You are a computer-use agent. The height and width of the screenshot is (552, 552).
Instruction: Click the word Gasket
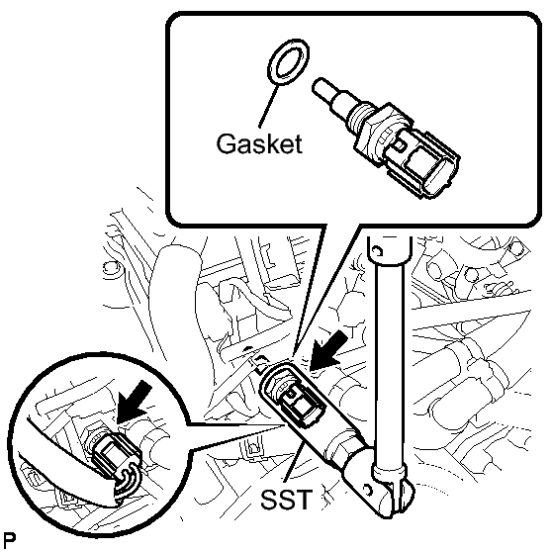coord(259,143)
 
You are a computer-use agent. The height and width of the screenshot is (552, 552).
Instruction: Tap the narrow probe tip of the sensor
coord(324,88)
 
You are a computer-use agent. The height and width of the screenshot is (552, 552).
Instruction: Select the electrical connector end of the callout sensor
coord(420,162)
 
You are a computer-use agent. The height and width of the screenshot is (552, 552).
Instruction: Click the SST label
coord(286,499)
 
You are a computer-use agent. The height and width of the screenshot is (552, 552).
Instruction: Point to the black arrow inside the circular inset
coord(136,402)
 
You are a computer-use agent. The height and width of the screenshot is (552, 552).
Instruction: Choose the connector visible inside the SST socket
coord(300,404)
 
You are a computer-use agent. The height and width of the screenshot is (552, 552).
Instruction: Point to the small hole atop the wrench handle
coord(377,251)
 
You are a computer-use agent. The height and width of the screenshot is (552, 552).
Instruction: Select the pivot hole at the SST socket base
coord(368,490)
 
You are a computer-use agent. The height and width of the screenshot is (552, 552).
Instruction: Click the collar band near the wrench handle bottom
coord(389,473)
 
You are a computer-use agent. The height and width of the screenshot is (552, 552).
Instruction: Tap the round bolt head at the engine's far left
coord(110,267)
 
